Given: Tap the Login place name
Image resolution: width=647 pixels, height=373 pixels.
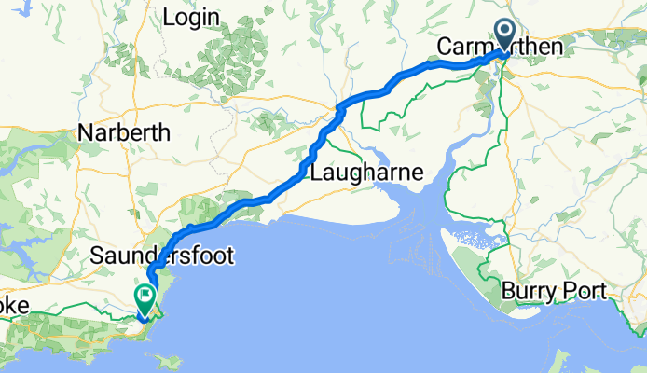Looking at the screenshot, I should (191, 18).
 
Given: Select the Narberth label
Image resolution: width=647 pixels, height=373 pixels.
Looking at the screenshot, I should (124, 133).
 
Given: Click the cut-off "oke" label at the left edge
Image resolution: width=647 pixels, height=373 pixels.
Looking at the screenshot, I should (17, 307).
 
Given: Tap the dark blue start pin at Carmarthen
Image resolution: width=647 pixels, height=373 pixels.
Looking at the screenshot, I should (505, 35).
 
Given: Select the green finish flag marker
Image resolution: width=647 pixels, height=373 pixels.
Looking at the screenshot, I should (146, 298).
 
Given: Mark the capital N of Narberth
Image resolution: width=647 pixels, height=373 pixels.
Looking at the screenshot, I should (87, 133).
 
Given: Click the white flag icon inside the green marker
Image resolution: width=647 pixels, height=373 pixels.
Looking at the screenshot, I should (146, 297).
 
